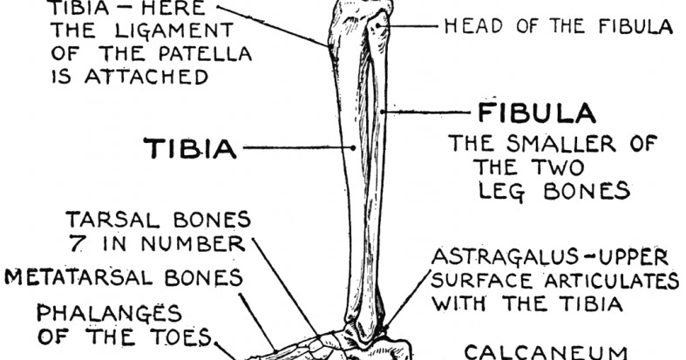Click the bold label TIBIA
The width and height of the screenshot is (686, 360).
[190, 149]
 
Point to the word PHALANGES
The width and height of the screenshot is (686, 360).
[110, 313]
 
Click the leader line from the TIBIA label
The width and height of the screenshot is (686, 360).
[296, 149]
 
